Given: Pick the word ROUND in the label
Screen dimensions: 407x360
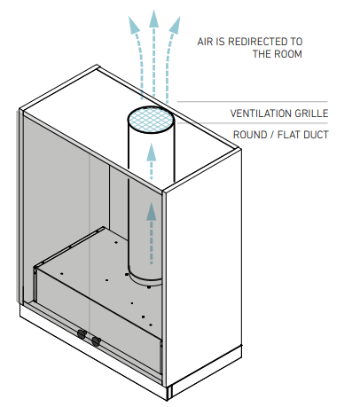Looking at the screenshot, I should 252,135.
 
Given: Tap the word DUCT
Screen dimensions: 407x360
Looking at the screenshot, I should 317,135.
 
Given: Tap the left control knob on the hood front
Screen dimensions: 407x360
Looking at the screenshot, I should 81,335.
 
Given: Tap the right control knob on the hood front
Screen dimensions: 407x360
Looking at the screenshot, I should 96,340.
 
